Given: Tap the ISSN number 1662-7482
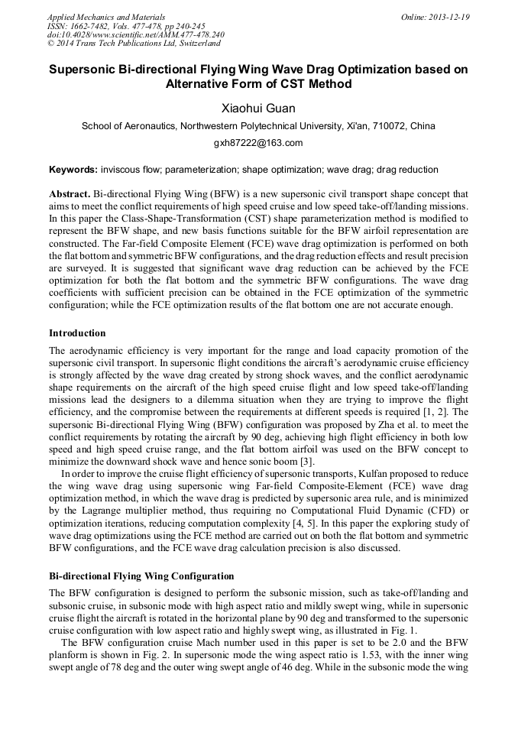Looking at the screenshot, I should coord(89,26).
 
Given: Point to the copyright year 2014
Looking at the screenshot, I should coord(69,44).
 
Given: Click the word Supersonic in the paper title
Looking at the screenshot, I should coord(85,69).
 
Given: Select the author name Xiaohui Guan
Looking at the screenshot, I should coord(258,109).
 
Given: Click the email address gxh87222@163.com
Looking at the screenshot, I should coord(258,143).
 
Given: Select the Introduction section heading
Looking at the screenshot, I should coord(77,333).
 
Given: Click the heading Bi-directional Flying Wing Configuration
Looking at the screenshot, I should coord(141,576).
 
